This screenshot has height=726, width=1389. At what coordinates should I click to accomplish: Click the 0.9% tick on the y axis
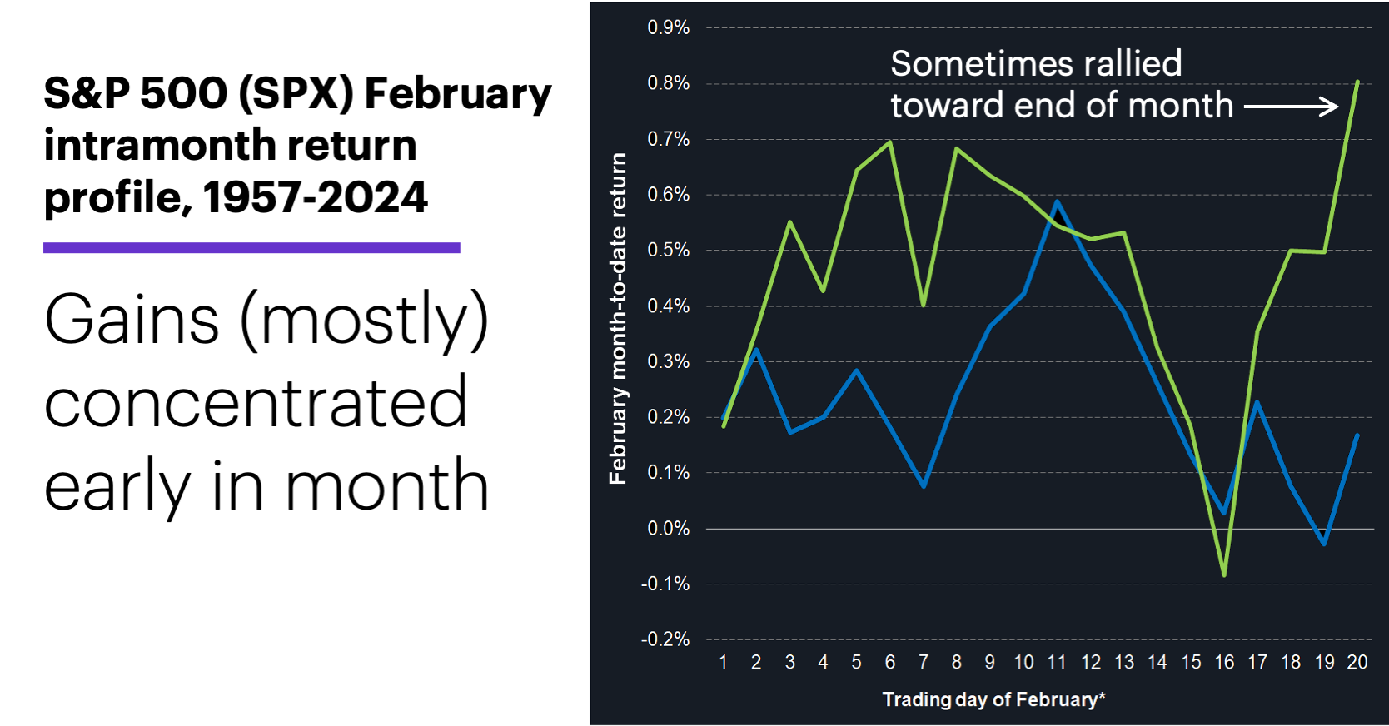point(668,27)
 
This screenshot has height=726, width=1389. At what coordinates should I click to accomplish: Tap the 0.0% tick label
point(668,529)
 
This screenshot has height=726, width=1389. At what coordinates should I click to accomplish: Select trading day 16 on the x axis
point(1224,662)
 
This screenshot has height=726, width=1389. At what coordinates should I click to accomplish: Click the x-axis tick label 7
point(923,662)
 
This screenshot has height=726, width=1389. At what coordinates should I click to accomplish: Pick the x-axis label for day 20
point(1357,662)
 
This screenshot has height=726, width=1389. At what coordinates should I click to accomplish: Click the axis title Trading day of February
point(993,699)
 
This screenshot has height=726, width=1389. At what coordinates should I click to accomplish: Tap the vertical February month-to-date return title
point(617,318)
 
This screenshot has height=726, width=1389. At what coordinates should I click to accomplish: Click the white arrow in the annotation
point(1291,107)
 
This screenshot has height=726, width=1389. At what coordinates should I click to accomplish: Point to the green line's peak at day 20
point(1357,82)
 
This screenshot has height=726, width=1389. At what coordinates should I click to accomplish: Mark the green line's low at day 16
point(1224,574)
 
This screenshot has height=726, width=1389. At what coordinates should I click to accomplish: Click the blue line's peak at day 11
point(1057,201)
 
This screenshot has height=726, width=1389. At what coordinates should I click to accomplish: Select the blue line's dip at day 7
point(924,485)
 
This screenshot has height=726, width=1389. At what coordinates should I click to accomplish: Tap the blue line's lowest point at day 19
point(1324,544)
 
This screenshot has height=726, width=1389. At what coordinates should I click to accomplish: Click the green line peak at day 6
point(890,142)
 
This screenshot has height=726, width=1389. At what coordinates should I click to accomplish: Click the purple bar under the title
point(251,247)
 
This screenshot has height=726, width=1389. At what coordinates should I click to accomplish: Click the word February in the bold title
point(458,93)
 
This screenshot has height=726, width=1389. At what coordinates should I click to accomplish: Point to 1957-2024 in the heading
point(315,198)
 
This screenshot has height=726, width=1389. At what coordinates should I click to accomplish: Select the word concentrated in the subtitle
point(255,403)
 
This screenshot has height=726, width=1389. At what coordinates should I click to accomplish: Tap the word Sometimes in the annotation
point(964,64)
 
